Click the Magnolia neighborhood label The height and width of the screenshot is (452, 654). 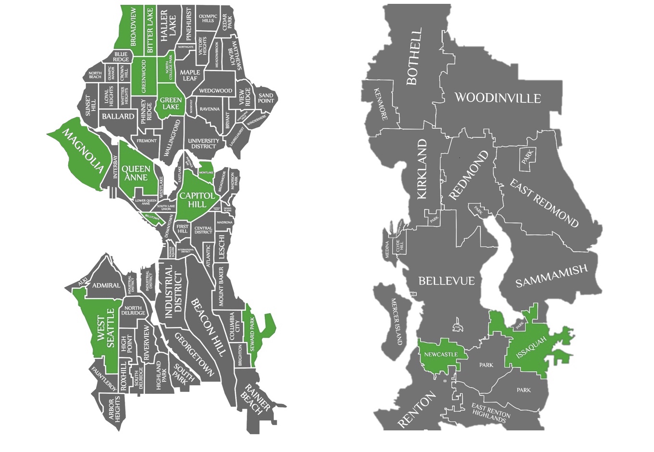tap(83, 151)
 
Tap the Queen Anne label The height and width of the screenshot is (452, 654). tap(136, 173)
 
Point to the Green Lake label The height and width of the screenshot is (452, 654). tap(171, 103)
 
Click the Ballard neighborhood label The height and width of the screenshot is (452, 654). tap(118, 116)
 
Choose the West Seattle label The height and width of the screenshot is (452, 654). tap(106, 331)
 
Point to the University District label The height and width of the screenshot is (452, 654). tap(204, 143)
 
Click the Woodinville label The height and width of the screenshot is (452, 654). tap(497, 98)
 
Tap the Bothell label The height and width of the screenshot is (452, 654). tap(414, 56)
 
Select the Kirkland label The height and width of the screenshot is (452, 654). tap(422, 169)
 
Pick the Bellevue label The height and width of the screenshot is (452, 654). tap(446, 281)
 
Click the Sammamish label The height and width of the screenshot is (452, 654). tap(551, 276)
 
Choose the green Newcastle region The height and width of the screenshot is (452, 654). tap(440, 354)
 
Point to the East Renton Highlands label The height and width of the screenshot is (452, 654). tap(490, 412)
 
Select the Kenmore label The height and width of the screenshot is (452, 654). tap(380, 104)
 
